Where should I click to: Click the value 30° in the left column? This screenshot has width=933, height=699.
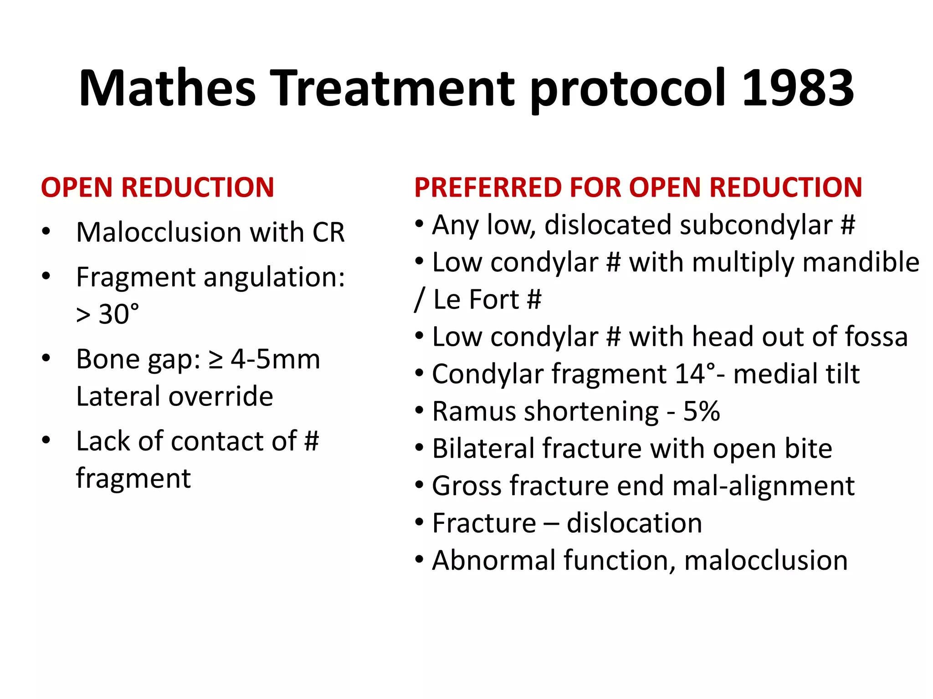[119, 314]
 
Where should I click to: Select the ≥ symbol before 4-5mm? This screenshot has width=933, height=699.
[215, 360]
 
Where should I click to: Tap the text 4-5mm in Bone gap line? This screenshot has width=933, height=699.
[275, 360]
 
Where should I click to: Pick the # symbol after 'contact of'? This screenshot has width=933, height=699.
[312, 441]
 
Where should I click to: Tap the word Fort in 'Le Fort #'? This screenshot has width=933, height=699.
[494, 300]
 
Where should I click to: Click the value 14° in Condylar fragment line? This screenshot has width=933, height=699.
[696, 374]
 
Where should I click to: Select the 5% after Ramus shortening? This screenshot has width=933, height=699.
[702, 411]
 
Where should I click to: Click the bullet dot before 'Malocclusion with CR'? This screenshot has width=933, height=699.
[46, 231]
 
